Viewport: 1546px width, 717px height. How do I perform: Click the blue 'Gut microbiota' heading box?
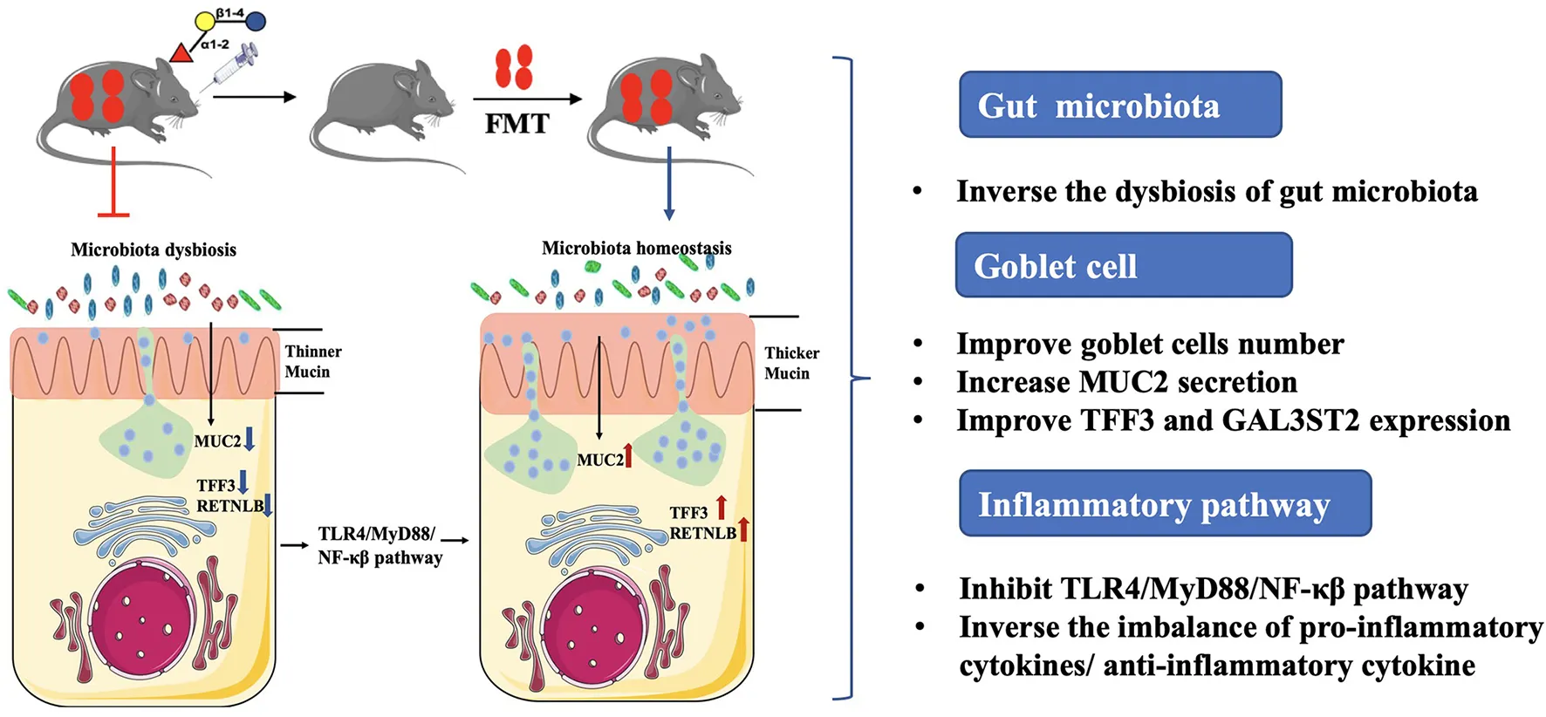[x=1119, y=105]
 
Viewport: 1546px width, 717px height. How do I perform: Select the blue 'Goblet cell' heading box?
[x=1123, y=265]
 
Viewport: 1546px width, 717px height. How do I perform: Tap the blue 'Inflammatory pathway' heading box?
[x=1164, y=503]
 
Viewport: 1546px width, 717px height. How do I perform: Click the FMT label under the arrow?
[x=516, y=124]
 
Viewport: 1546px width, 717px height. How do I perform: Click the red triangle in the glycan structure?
[x=181, y=54]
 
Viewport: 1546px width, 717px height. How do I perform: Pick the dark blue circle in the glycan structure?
[x=256, y=20]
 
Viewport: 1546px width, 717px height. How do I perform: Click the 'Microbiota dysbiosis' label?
[x=154, y=249]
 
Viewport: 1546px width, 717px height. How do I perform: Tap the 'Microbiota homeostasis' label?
[x=636, y=248]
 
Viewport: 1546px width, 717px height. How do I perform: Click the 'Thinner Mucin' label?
[x=312, y=361]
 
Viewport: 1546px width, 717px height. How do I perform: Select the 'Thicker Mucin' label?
[x=791, y=363]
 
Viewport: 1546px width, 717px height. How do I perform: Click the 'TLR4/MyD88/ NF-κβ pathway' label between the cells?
[x=379, y=545]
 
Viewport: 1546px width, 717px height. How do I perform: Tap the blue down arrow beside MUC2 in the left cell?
[x=250, y=438]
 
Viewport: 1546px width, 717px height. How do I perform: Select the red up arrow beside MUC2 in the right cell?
[x=628, y=455]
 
